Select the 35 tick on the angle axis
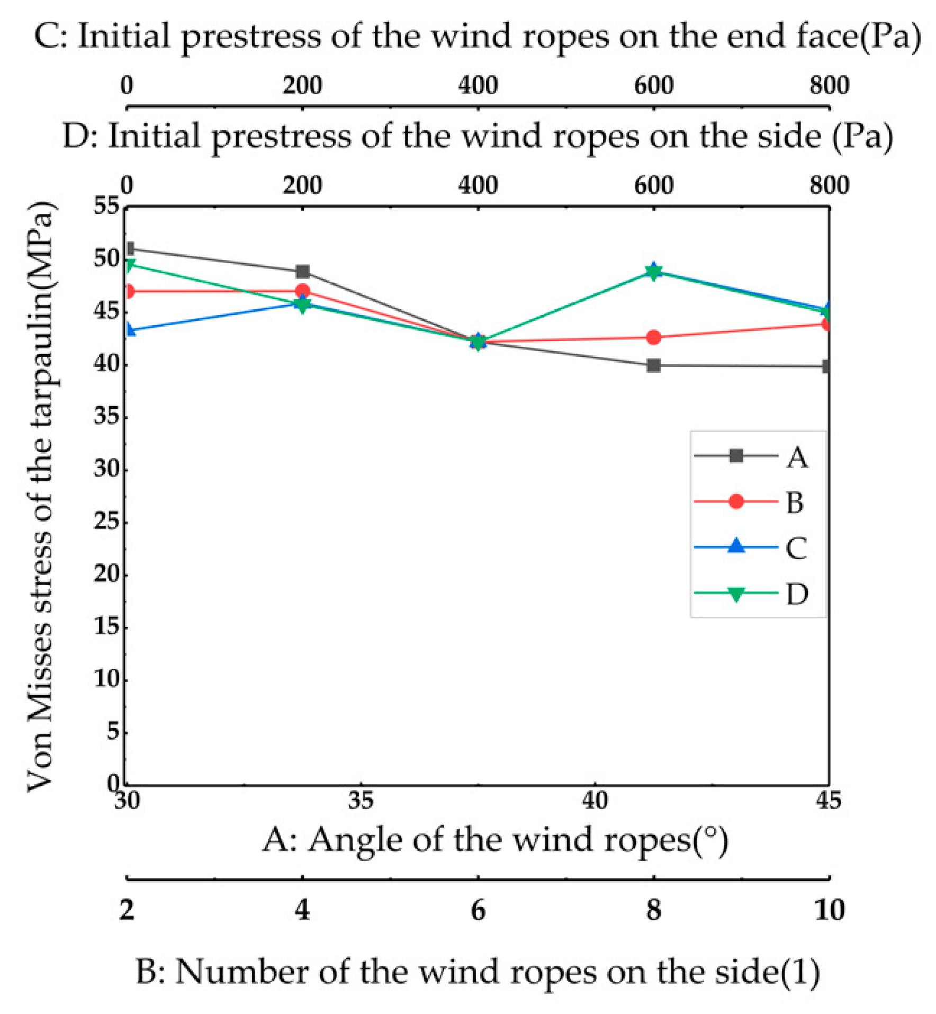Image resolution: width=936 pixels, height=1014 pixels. point(360,800)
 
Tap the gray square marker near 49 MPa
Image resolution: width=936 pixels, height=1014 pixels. point(302,272)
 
